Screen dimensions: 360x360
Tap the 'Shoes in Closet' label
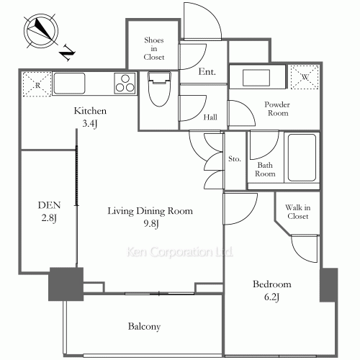[x=154, y=48]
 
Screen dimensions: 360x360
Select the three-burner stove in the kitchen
[x=124, y=83]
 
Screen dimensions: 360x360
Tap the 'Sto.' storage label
[x=234, y=159]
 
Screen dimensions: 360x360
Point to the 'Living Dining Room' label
[x=150, y=211]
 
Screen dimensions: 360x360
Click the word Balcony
[x=144, y=326]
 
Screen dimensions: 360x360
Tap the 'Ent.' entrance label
[x=207, y=72]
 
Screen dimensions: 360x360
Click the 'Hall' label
[x=210, y=117]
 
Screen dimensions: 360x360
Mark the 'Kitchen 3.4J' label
[x=91, y=117]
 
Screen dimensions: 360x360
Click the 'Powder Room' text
[x=276, y=108]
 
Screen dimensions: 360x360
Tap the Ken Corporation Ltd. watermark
[x=180, y=253]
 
